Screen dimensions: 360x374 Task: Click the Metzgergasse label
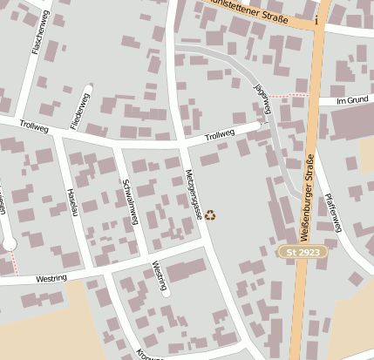193,194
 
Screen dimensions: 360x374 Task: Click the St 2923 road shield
293,251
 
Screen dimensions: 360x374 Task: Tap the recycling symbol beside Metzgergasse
209,214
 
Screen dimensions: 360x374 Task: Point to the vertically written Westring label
159,275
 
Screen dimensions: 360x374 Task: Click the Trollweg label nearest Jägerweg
220,134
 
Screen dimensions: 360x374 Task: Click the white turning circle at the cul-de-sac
9,245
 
